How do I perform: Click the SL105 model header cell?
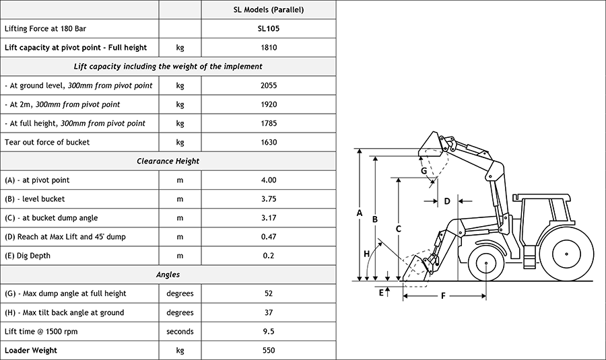click(x=268, y=29)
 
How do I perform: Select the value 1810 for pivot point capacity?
click(x=268, y=48)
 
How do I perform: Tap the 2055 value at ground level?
click(x=268, y=85)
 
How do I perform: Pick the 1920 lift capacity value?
click(x=268, y=104)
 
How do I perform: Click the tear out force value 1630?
click(x=268, y=142)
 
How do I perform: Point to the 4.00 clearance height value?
click(x=268, y=180)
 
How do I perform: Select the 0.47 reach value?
click(x=268, y=237)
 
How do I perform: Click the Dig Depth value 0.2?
click(x=268, y=256)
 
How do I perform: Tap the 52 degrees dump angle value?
click(x=268, y=293)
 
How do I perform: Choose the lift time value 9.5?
click(x=268, y=331)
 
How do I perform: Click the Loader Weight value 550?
click(x=268, y=350)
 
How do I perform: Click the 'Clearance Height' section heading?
click(x=168, y=161)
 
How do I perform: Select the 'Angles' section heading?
click(x=168, y=275)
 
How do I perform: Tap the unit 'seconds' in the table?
click(x=180, y=331)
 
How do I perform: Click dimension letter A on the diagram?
click(x=360, y=213)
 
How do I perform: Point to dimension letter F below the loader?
click(x=443, y=295)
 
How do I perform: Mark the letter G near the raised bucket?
click(x=424, y=171)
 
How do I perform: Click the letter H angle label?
click(x=367, y=254)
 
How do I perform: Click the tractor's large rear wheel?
click(x=566, y=254)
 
